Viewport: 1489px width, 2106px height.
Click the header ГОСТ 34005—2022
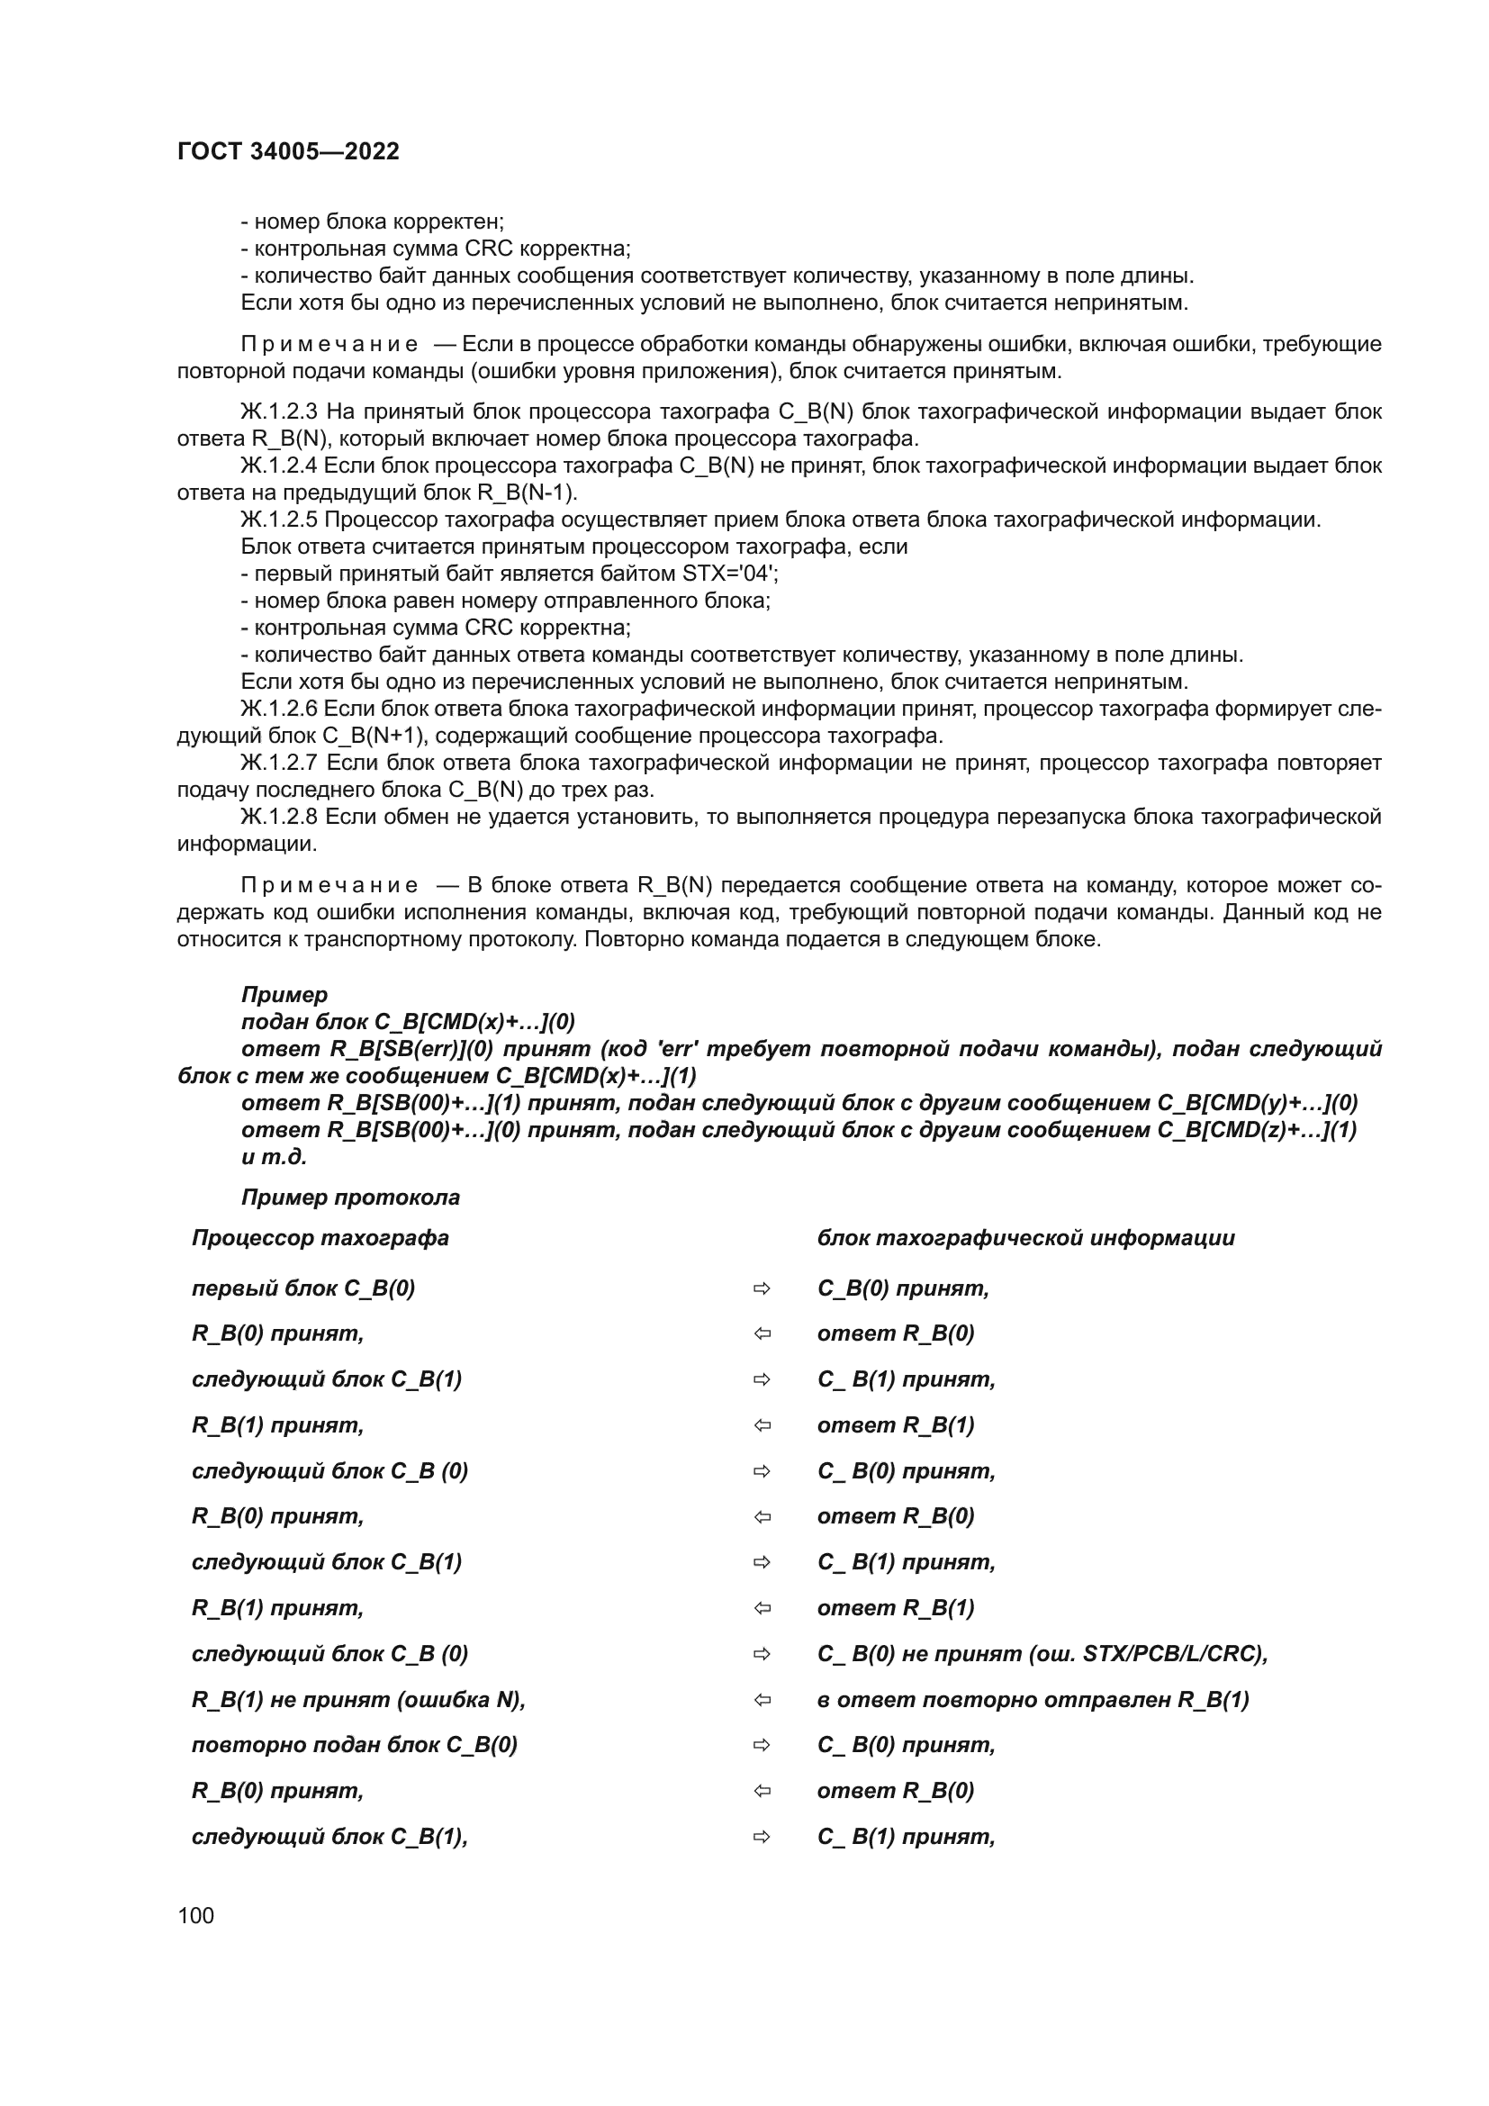click(288, 151)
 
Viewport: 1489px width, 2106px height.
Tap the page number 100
click(195, 1915)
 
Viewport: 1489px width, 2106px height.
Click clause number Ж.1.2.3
click(279, 411)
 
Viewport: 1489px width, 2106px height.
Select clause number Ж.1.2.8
click(279, 818)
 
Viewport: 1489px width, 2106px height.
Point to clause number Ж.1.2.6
click(279, 709)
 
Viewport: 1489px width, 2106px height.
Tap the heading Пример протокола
click(350, 1197)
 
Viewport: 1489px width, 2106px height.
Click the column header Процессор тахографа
click(320, 1238)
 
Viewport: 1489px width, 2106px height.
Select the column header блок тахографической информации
click(1026, 1238)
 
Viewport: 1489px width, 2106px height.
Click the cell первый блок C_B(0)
click(303, 1288)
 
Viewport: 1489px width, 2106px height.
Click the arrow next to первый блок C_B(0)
click(762, 1288)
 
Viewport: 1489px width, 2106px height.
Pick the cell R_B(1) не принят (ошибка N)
click(358, 1700)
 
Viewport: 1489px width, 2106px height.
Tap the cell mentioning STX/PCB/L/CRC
click(1042, 1654)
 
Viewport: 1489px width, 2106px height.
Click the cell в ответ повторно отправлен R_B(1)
click(1033, 1700)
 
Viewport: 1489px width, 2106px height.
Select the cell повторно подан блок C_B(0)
click(354, 1745)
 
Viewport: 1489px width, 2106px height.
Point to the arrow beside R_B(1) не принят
click(762, 1700)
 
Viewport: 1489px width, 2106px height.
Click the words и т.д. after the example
click(275, 1157)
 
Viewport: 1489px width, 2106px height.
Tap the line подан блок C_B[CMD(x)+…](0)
click(408, 1022)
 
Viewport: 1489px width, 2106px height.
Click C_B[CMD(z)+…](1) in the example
click(1256, 1130)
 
